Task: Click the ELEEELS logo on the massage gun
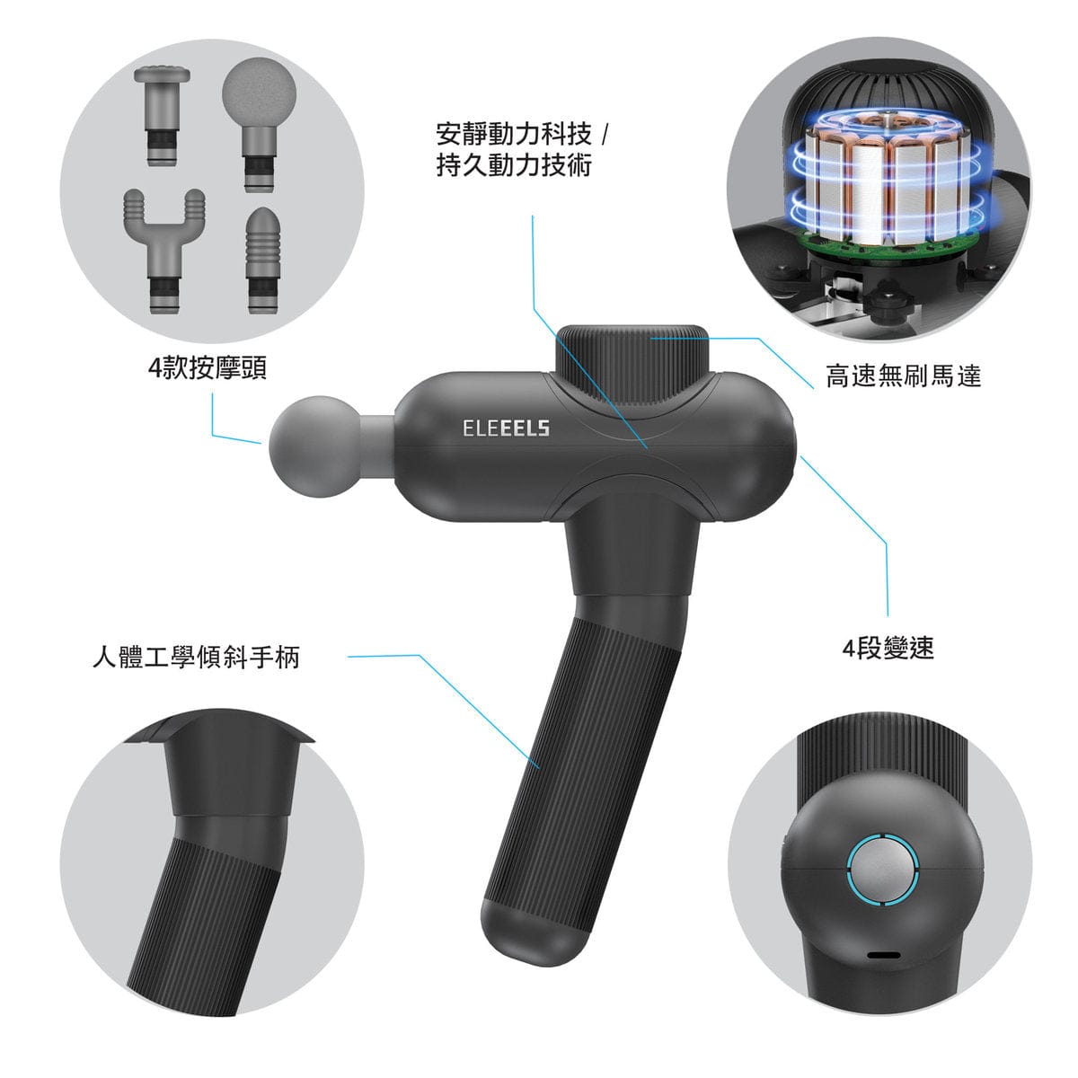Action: tap(506, 429)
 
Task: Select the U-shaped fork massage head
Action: tap(164, 250)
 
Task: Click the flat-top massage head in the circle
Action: tap(163, 115)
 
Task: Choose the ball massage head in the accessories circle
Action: tap(259, 124)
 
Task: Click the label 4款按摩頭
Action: tap(208, 368)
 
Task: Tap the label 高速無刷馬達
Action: tap(904, 376)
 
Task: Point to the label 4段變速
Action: tap(888, 648)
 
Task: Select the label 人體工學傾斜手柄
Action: tap(197, 656)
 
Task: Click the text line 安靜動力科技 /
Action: tap(521, 134)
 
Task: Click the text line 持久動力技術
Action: tap(514, 165)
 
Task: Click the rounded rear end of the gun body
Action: tap(761, 446)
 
